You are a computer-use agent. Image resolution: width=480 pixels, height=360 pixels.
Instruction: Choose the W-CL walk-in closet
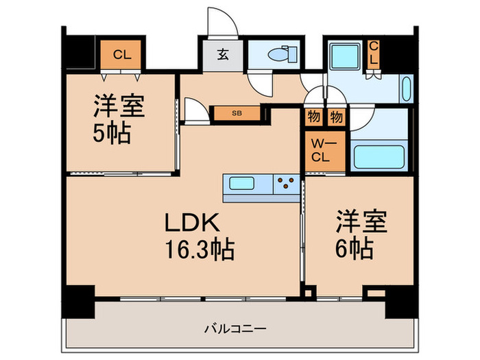coord(320,149)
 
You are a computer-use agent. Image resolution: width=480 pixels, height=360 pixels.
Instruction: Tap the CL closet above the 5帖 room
coord(122,54)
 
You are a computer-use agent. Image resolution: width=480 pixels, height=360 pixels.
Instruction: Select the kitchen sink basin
coord(245,184)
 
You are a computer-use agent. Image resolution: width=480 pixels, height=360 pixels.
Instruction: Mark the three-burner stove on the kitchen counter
coord(287,184)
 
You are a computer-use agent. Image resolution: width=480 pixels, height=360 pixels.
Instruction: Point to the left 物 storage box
coord(313,117)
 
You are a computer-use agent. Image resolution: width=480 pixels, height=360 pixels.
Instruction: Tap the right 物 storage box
coord(335,117)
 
